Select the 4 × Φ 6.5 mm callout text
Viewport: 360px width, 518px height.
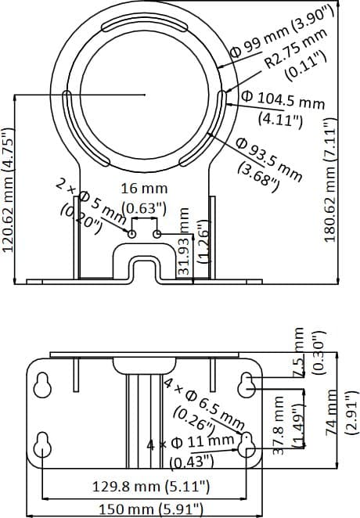pyautogui.click(x=203, y=403)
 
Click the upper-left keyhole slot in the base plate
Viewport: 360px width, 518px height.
pyautogui.click(x=43, y=384)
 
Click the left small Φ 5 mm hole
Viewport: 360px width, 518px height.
pyautogui.click(x=132, y=233)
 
